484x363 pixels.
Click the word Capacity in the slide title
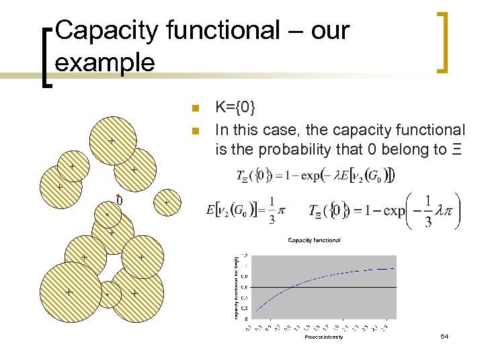102,31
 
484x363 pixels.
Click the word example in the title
105,63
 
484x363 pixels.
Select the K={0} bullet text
235,108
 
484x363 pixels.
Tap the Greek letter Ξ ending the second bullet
458,149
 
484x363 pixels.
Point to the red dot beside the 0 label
118,195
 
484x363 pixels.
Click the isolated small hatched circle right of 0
167,202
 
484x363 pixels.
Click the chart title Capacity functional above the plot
314,240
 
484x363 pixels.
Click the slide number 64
444,335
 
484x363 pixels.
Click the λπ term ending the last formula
444,210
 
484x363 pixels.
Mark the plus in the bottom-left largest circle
69,292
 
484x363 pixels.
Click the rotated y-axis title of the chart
235,285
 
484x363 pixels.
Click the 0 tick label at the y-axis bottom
245,319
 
